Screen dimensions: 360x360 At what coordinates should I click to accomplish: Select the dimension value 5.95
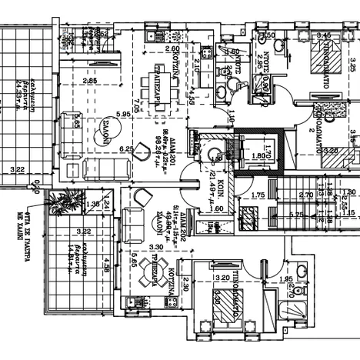[122, 114]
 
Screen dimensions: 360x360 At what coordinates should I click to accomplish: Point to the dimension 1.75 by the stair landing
[258, 195]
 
